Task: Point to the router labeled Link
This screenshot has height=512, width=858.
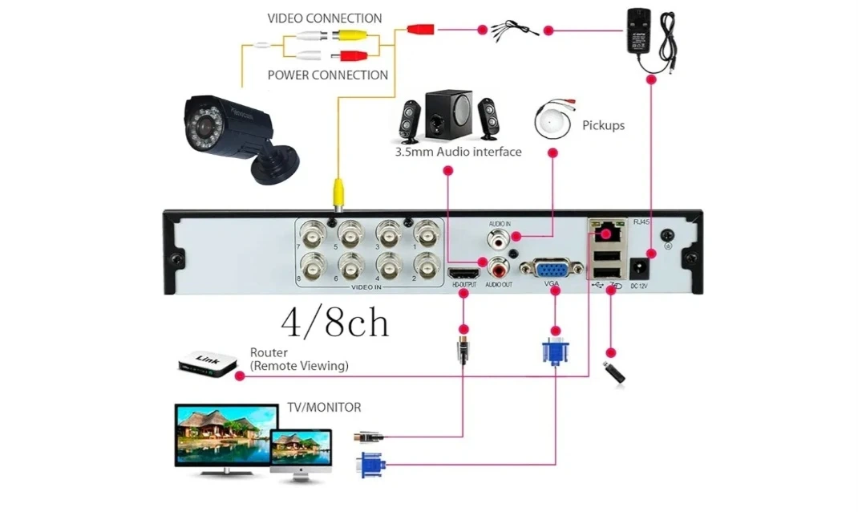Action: click(x=208, y=363)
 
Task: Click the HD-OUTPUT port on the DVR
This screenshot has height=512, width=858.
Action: click(x=463, y=273)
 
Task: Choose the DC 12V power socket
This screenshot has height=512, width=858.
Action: click(x=640, y=267)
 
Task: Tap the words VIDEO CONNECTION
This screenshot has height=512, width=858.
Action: click(x=324, y=18)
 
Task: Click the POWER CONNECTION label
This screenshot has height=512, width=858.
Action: click(x=327, y=75)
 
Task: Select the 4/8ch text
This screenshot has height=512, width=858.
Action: click(x=335, y=322)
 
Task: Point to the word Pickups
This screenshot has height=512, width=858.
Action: click(x=603, y=125)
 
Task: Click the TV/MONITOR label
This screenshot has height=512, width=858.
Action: click(x=324, y=408)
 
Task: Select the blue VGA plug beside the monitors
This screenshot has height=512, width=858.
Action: click(x=371, y=465)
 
